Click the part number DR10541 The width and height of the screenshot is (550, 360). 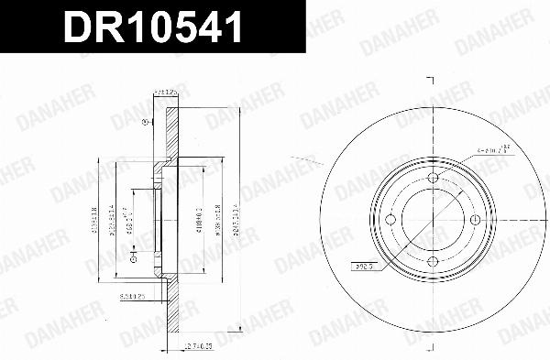(151, 28)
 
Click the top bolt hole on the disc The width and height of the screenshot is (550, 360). (434, 178)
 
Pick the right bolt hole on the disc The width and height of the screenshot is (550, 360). (476, 220)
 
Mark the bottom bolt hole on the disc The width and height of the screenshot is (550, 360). (434, 262)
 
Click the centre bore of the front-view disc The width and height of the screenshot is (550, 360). (434, 220)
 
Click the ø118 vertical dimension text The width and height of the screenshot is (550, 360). (193, 219)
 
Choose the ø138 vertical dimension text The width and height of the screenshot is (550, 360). (216, 220)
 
